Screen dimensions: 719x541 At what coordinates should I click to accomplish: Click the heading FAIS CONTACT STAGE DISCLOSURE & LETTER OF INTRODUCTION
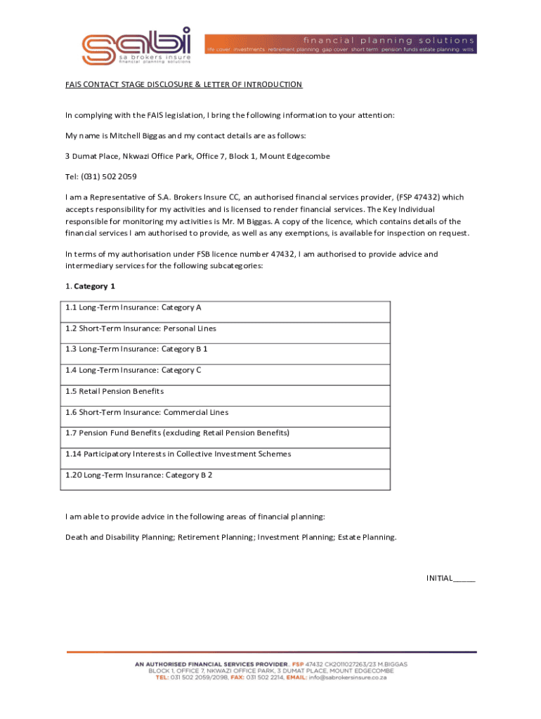point(183,85)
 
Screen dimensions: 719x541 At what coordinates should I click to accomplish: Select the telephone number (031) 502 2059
point(109,176)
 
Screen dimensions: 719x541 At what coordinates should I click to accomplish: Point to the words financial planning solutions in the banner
point(388,41)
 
